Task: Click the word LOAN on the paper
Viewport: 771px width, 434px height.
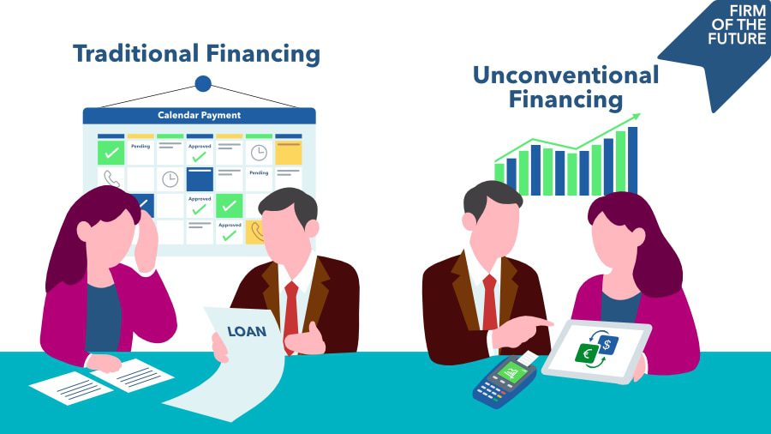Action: click(247, 332)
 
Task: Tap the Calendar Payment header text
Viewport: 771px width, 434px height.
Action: click(199, 115)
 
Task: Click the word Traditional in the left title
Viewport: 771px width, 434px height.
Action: click(135, 53)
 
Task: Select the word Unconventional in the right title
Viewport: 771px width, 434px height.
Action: click(565, 75)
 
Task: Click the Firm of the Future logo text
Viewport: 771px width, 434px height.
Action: click(737, 25)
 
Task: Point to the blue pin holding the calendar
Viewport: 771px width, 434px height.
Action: click(203, 84)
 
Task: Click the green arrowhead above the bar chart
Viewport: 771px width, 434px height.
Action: click(636, 117)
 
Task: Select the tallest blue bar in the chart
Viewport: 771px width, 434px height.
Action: click(632, 160)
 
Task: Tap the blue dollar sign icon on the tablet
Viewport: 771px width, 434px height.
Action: click(607, 345)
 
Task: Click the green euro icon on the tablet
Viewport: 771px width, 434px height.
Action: click(587, 353)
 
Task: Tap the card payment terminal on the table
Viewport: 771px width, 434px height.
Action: click(505, 379)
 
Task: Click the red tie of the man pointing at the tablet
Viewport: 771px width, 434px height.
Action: click(489, 302)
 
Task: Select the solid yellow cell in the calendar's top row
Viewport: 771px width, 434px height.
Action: click(289, 153)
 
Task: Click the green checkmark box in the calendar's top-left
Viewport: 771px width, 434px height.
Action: click(111, 153)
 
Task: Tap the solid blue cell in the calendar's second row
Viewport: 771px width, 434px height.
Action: click(200, 179)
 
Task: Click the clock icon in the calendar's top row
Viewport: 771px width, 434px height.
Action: click(259, 153)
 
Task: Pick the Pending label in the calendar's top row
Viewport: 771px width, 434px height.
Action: click(140, 146)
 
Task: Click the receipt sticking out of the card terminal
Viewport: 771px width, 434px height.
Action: click(528, 359)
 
